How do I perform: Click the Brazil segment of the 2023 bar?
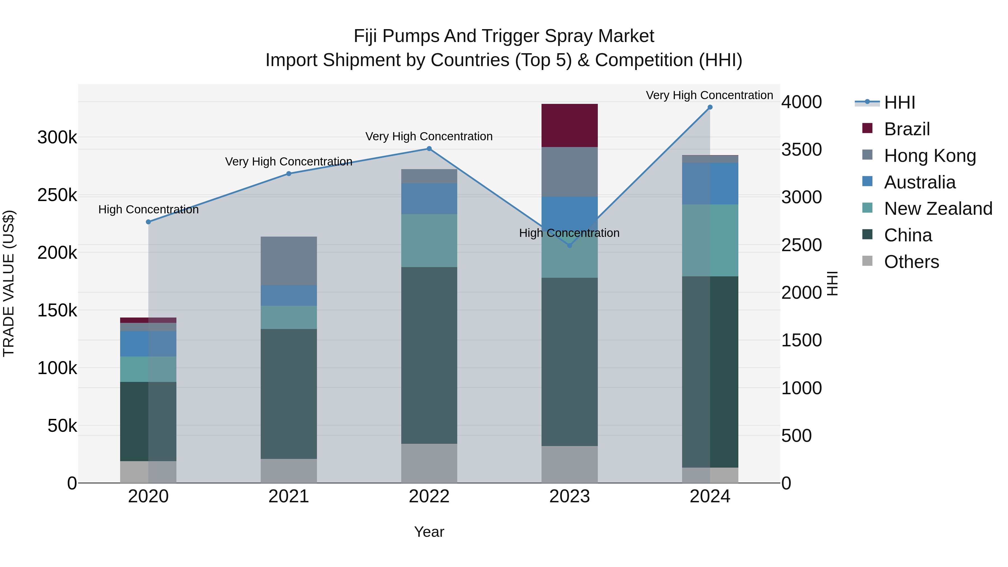click(569, 125)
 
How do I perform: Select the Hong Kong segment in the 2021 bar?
click(289, 261)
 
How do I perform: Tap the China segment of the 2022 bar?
click(429, 355)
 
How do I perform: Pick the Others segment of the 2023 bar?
click(569, 464)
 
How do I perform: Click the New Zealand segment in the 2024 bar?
click(710, 240)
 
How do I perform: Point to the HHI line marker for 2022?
click(429, 149)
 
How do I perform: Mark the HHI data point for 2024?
click(710, 107)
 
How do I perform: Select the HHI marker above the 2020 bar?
click(148, 222)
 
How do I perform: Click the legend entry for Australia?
click(920, 182)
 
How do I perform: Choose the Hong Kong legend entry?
click(930, 156)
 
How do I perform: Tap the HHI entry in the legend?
click(899, 102)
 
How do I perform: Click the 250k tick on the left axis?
click(57, 195)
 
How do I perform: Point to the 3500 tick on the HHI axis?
click(801, 150)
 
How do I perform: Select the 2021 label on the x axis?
click(289, 496)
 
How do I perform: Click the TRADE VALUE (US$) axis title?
click(9, 283)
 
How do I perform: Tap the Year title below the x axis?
click(429, 532)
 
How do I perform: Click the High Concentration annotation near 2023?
click(569, 233)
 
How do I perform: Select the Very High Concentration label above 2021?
click(289, 162)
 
